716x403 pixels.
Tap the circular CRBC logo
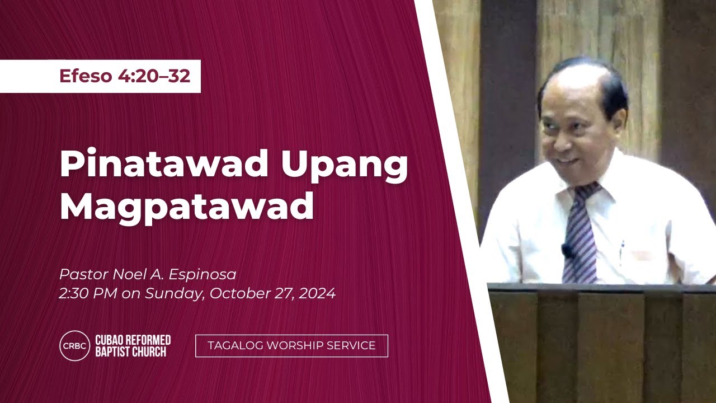(x=74, y=346)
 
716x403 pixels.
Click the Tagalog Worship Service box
(x=291, y=346)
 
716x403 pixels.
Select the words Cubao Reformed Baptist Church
(x=133, y=346)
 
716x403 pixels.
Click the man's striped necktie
(x=580, y=241)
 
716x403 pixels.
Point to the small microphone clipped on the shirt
(x=567, y=250)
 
